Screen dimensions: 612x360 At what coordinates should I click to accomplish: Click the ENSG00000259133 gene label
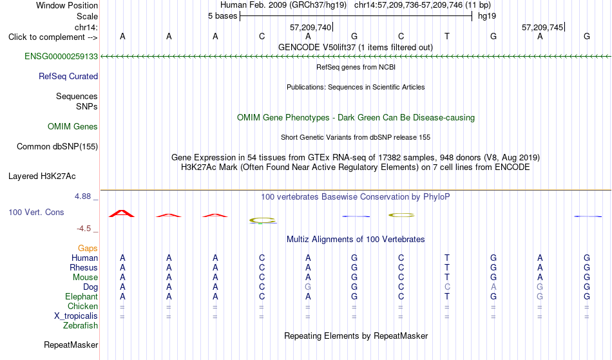(61, 56)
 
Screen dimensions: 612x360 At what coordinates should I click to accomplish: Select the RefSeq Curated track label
(68, 76)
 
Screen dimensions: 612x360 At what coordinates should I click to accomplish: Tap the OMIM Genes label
(73, 126)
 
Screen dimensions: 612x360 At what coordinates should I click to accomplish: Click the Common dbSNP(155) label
(57, 146)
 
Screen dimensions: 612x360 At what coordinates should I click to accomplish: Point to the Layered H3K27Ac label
(42, 176)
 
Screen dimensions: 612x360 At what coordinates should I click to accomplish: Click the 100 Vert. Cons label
(36, 212)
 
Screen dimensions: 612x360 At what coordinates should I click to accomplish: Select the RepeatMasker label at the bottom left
(71, 345)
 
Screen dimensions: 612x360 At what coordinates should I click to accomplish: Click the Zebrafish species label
(81, 325)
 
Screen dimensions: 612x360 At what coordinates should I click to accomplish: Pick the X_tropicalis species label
(76, 316)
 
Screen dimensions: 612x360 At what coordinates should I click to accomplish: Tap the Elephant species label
(82, 296)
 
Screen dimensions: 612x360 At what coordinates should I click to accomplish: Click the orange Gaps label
(88, 248)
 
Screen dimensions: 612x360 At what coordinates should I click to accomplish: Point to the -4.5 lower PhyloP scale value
(84, 228)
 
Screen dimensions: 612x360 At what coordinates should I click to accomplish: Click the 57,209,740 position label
(311, 27)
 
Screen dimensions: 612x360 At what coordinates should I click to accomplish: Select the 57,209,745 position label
(542, 27)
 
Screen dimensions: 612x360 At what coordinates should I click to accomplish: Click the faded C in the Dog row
(447, 287)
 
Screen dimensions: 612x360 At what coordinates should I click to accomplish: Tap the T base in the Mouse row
(447, 278)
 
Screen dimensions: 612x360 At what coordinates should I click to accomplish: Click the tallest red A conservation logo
(122, 213)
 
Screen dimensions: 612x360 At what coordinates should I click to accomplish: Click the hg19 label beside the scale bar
(487, 16)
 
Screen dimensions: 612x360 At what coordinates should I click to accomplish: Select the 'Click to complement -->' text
(53, 37)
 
